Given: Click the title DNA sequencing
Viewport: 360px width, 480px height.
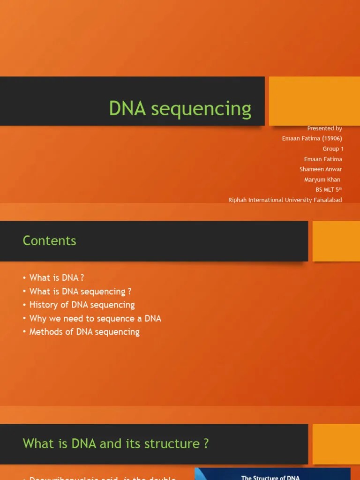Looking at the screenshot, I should [x=180, y=108].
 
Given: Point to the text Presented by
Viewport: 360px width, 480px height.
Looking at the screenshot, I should [x=324, y=128].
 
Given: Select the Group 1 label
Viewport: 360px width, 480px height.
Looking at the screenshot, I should [x=333, y=149].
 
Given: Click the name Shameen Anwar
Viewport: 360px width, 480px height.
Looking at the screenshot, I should [x=321, y=169].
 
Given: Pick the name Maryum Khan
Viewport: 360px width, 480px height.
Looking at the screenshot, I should [x=322, y=180].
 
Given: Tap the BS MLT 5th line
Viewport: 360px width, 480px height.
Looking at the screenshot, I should [x=329, y=190].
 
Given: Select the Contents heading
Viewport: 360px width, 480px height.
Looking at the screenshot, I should [x=49, y=240].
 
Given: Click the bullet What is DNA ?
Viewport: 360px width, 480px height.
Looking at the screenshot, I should [x=57, y=278].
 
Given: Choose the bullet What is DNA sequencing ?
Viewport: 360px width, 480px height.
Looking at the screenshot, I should [x=77, y=292].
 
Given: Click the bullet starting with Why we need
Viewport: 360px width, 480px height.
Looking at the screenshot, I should [x=95, y=318].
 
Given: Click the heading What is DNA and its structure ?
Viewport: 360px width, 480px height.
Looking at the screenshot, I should [x=115, y=443].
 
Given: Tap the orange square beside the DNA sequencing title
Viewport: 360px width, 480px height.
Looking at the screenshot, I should [x=314, y=101].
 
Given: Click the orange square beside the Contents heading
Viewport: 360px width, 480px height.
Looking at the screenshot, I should [x=336, y=241].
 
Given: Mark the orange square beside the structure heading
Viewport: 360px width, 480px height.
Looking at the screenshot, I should [x=336, y=444].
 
